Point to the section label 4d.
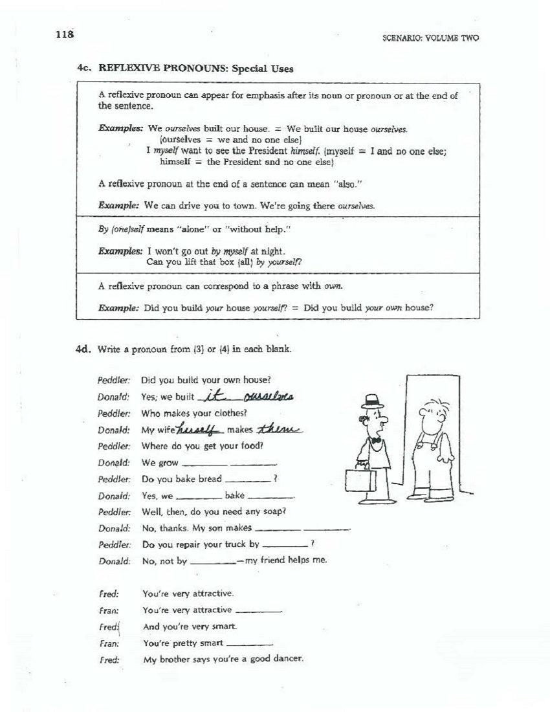point(85,349)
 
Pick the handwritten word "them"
point(281,430)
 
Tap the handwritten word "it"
point(212,395)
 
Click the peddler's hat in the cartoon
point(371,400)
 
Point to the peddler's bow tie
point(376,440)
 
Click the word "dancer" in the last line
point(287,660)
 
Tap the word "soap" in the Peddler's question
point(272,511)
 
